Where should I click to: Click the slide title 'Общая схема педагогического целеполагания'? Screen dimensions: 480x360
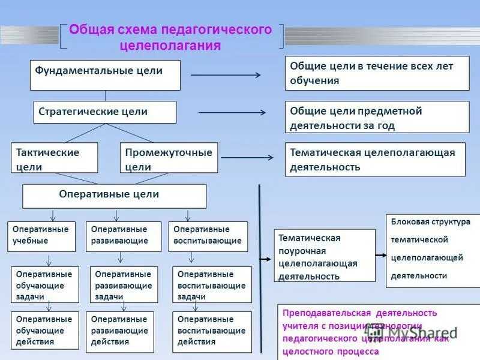pyautogui.click(x=171, y=37)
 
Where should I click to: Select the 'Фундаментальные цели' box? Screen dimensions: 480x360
pyautogui.click(x=105, y=74)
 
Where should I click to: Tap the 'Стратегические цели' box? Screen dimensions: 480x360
pyautogui.click(x=104, y=112)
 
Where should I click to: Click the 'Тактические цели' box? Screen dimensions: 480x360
pyautogui.click(x=54, y=158)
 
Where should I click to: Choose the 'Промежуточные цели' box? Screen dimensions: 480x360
pyautogui.click(x=169, y=158)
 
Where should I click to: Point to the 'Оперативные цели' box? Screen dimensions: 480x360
pyautogui.click(x=114, y=196)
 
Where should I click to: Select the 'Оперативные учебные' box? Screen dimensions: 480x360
pyautogui.click(x=42, y=236)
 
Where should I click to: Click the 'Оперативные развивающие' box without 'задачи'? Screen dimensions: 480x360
pyautogui.click(x=124, y=236)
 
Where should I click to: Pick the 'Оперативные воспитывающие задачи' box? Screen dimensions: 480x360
pyautogui.click(x=211, y=284)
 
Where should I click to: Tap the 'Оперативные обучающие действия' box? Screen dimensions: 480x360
pyautogui.click(x=45, y=330)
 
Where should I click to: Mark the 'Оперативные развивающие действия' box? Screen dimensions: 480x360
pyautogui.click(x=120, y=330)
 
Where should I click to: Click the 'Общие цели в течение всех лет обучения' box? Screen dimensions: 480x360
pyautogui.click(x=377, y=73)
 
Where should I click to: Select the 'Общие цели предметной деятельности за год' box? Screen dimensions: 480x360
pyautogui.click(x=377, y=118)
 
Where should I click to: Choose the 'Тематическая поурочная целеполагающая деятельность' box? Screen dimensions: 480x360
pyautogui.click(x=324, y=256)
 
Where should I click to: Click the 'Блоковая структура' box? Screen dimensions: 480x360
pyautogui.click(x=432, y=250)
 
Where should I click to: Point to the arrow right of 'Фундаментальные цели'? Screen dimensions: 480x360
pyautogui.click(x=226, y=75)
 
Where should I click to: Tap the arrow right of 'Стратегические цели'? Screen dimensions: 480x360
pyautogui.click(x=232, y=112)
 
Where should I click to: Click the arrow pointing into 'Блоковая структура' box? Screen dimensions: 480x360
pyautogui.click(x=380, y=254)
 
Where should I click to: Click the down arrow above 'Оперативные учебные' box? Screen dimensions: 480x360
pyautogui.click(x=52, y=215)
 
